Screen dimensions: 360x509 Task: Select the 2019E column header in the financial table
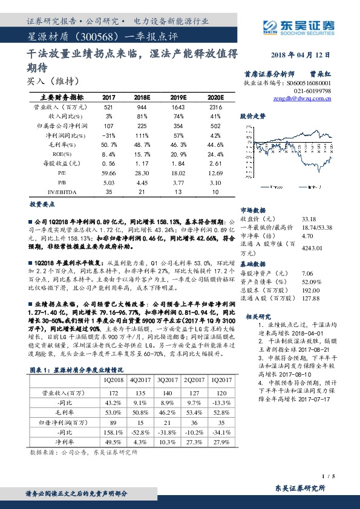[180, 97]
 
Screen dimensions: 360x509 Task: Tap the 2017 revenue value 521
[110, 106]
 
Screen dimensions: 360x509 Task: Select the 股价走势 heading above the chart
[253, 114]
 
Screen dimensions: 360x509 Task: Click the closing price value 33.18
[309, 219]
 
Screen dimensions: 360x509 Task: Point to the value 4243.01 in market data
[311, 247]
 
